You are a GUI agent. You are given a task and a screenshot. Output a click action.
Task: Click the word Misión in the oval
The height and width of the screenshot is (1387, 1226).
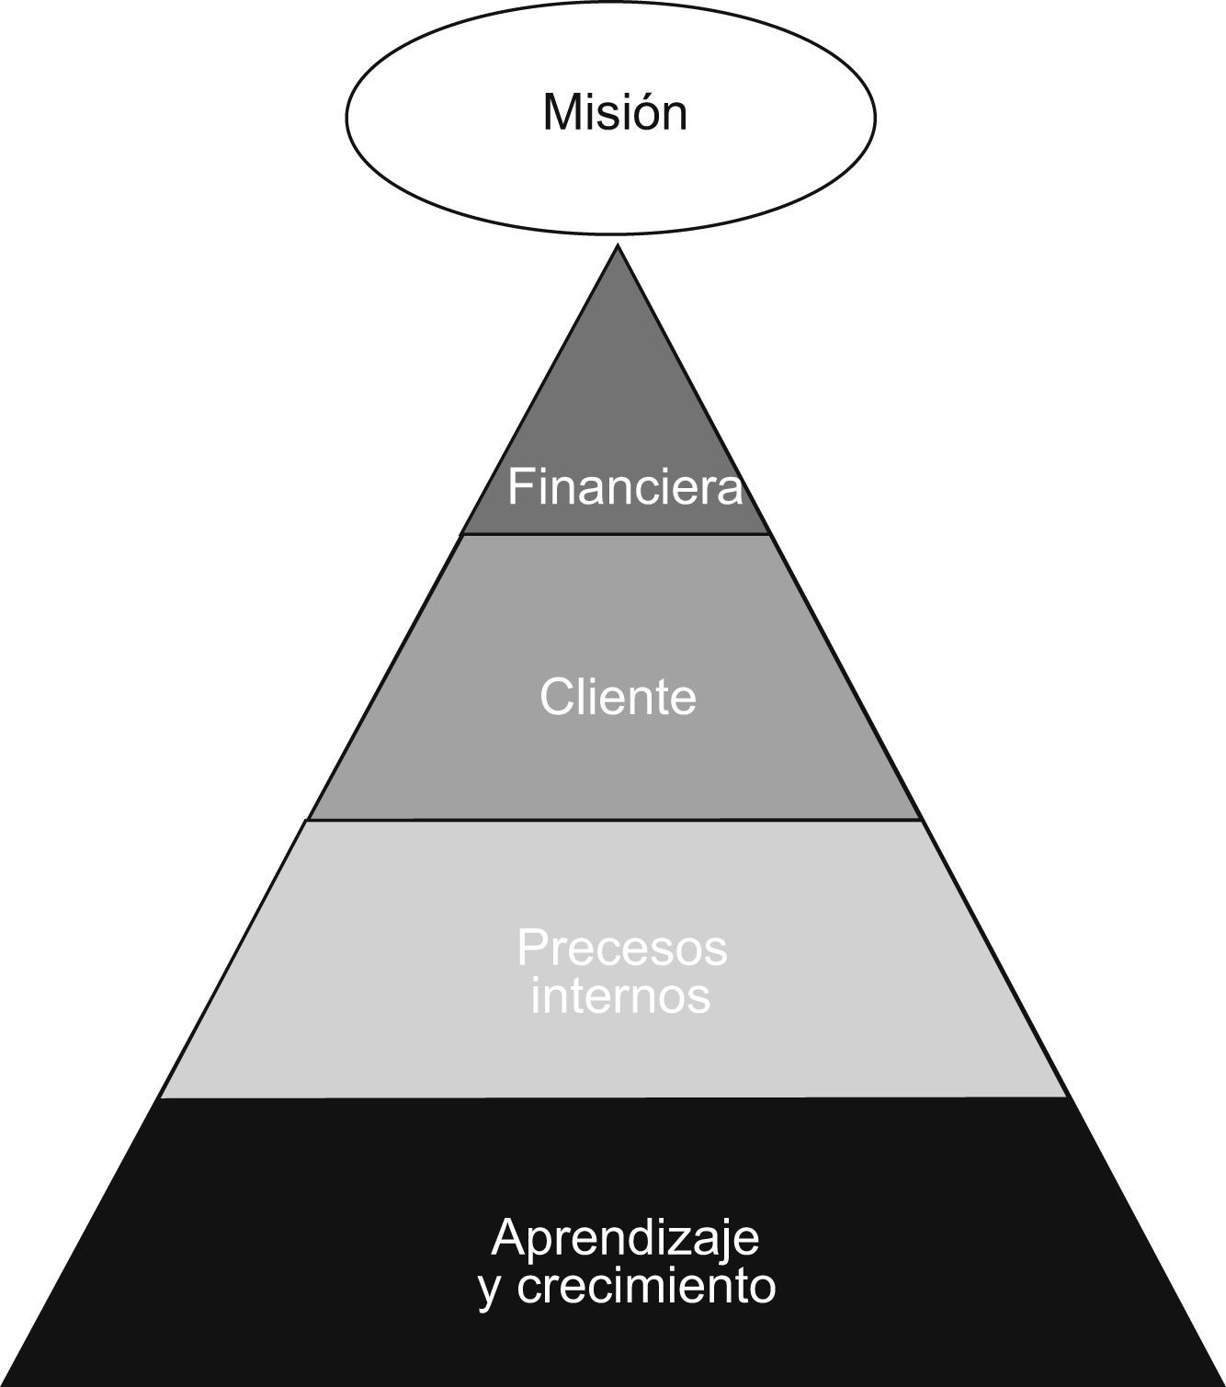pos(614,113)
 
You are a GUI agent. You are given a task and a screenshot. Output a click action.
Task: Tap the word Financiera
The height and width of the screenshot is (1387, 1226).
pos(625,486)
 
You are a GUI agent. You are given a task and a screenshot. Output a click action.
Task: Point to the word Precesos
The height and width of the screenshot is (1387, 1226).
pos(622,948)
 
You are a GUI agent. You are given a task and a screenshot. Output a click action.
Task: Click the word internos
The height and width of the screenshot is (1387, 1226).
pos(620,995)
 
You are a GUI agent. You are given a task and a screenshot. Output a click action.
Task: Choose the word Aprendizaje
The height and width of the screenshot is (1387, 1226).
pos(625,1238)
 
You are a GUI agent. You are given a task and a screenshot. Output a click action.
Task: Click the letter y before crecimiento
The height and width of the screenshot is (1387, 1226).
pos(491,1288)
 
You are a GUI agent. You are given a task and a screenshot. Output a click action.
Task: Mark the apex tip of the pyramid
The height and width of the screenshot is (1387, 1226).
pos(618,246)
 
